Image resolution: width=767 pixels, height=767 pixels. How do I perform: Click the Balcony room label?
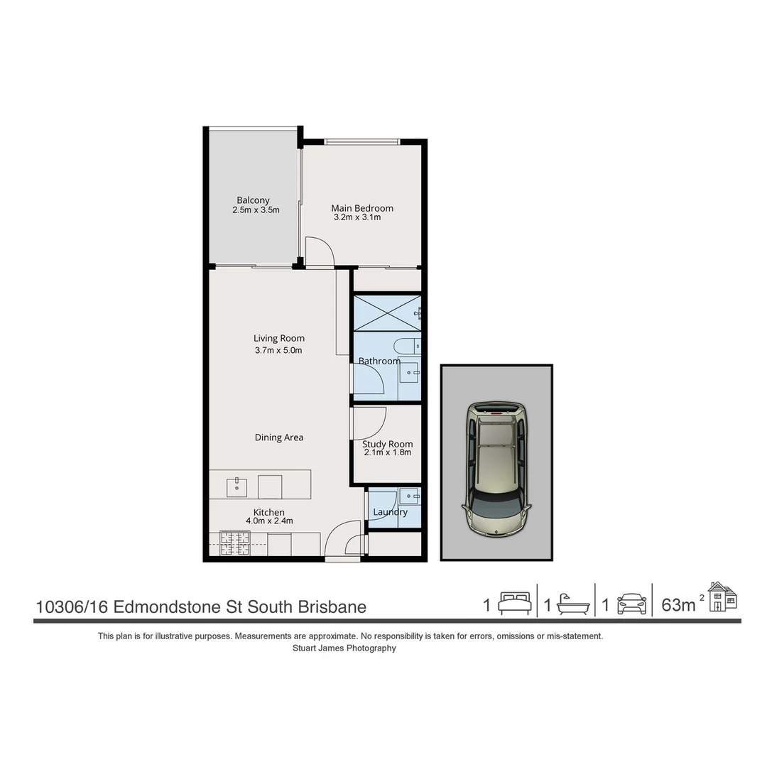(253, 200)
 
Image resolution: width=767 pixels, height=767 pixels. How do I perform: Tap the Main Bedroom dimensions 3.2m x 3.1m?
(357, 217)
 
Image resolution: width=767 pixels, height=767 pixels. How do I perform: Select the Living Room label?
(278, 338)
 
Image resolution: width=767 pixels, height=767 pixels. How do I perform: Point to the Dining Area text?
(278, 437)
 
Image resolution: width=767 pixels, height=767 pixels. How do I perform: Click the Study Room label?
(387, 444)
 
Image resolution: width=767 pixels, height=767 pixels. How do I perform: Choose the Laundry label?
(390, 512)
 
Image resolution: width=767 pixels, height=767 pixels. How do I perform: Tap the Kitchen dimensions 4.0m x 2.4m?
(269, 521)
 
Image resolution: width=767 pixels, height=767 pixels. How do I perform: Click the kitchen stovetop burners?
(235, 543)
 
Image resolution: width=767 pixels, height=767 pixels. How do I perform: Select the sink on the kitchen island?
(236, 487)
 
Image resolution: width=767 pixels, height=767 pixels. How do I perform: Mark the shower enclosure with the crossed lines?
(387, 312)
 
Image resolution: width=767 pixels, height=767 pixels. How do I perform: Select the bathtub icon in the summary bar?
(573, 604)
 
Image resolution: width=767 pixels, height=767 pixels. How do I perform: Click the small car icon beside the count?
(631, 604)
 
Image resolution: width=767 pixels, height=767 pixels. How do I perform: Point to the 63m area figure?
(678, 605)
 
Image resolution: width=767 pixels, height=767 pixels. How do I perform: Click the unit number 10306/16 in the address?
(72, 607)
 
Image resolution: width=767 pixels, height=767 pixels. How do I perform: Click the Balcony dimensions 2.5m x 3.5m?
(256, 210)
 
